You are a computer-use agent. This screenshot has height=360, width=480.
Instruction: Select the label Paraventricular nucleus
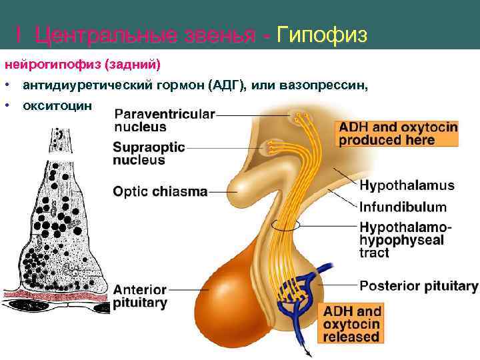coord(165,120)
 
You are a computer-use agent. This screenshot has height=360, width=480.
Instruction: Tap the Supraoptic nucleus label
coord(149,153)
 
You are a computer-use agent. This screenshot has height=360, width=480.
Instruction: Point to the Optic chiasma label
coord(160,191)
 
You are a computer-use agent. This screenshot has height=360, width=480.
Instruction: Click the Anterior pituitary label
coord(140,297)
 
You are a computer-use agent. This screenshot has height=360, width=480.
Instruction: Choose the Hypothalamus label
coord(407,185)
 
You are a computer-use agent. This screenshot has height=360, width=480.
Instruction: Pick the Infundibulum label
coord(403,206)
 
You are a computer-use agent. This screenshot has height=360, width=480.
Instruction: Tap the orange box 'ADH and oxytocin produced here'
coord(397,133)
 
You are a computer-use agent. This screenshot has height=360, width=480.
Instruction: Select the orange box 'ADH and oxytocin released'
coord(352,323)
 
